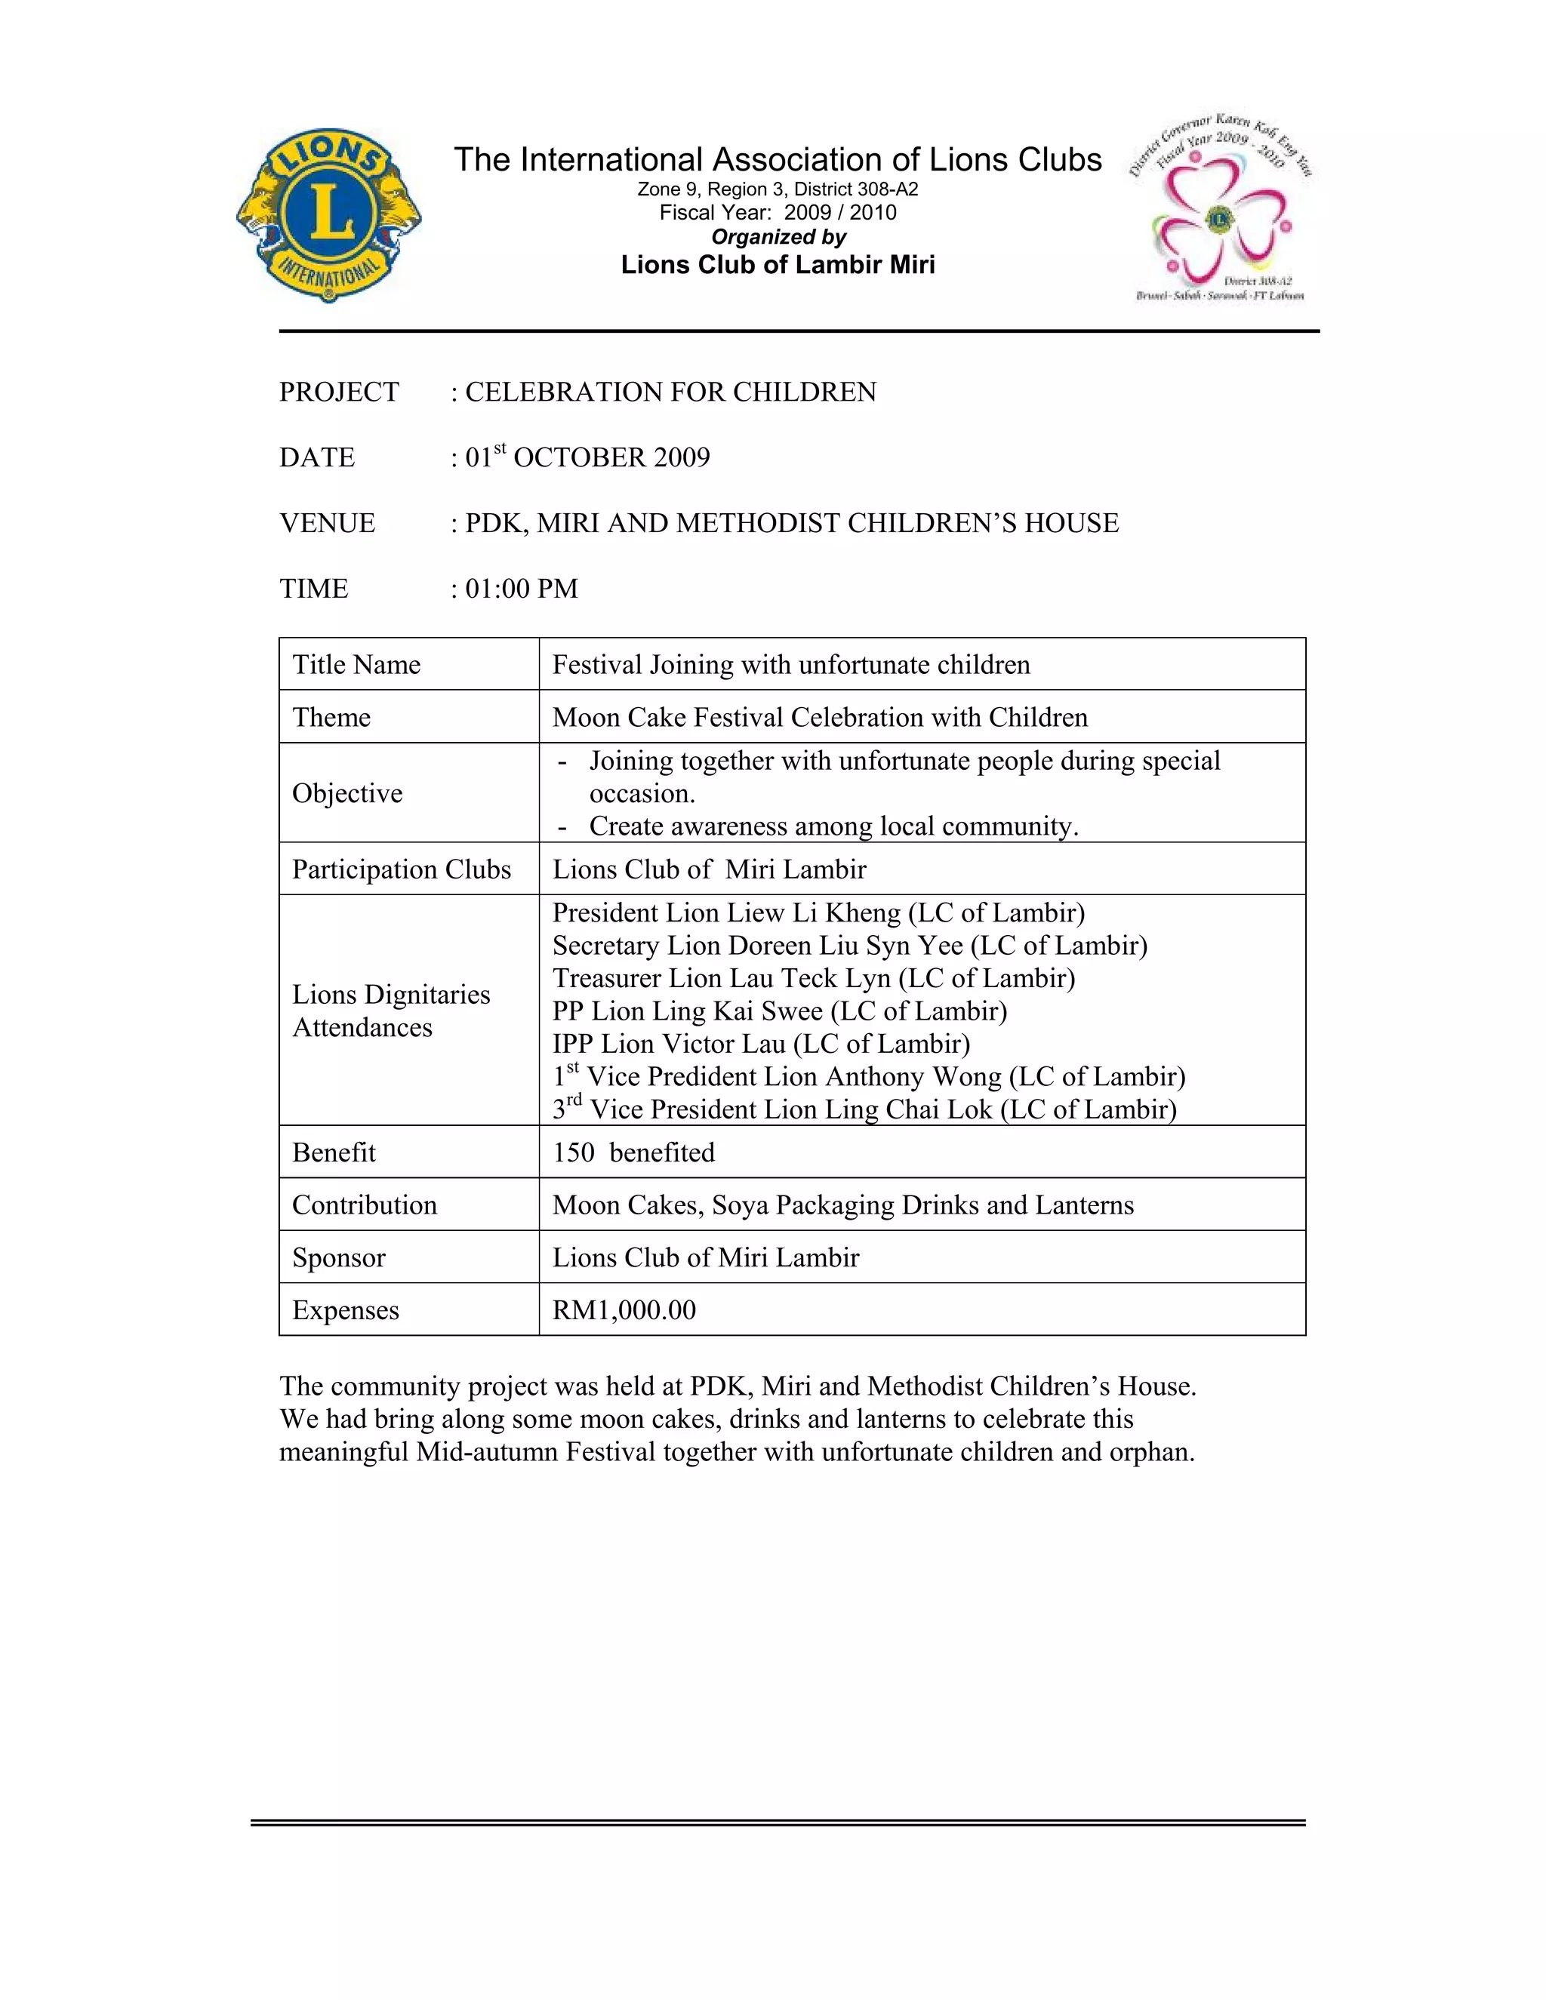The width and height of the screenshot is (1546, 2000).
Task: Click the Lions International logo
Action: click(329, 215)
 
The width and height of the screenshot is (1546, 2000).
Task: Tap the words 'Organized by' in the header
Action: click(778, 237)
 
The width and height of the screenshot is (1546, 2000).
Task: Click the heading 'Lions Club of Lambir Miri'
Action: click(778, 266)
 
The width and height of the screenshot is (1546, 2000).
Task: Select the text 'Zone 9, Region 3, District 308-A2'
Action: click(778, 189)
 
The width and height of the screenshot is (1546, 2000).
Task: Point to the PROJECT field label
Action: click(339, 392)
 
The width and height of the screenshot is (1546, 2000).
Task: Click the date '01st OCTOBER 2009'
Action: click(588, 457)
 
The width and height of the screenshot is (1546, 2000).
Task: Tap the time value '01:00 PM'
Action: click(522, 589)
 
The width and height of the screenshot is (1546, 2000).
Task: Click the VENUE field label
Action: click(327, 523)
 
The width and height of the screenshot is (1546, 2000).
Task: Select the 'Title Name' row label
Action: click(356, 665)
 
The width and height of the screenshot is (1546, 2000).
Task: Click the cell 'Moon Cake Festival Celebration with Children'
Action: click(820, 717)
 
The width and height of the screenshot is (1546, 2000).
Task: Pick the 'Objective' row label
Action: click(347, 793)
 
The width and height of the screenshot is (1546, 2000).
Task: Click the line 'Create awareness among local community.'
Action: click(833, 826)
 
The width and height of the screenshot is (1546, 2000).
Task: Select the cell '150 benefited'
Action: click(633, 1152)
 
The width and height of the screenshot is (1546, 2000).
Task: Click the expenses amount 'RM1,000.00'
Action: click(624, 1310)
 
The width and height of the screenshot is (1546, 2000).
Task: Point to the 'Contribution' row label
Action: click(365, 1205)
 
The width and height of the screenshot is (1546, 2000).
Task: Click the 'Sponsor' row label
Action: click(339, 1257)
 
